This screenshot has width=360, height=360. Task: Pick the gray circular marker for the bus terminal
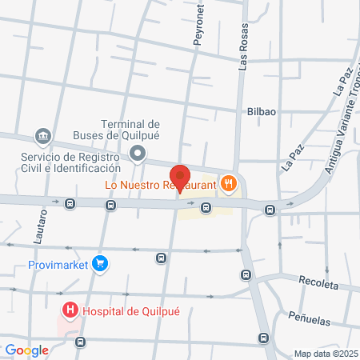pyautogui.click(x=138, y=153)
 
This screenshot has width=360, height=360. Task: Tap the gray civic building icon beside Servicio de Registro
pyautogui.click(x=43, y=137)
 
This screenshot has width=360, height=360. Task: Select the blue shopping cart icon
pyautogui.click(x=99, y=262)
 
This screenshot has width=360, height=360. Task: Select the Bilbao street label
pyautogui.click(x=262, y=111)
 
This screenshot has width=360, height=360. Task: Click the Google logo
pyautogui.click(x=26, y=350)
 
